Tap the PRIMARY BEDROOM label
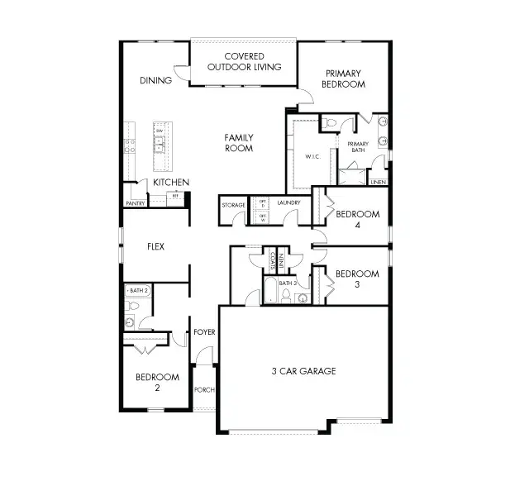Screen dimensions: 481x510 click(344, 79)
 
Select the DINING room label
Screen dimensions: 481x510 click(155, 80)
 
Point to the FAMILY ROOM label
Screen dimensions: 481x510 click(239, 143)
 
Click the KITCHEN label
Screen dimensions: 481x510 click(171, 183)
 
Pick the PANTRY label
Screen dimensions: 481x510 click(135, 202)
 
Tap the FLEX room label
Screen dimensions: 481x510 click(155, 246)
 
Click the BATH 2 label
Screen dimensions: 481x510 click(138, 291)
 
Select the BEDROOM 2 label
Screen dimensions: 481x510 click(156, 382)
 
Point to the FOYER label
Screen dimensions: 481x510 click(204, 332)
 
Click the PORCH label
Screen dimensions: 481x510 click(204, 389)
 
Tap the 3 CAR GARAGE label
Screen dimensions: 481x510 click(303, 371)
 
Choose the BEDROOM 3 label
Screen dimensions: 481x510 click(357, 279)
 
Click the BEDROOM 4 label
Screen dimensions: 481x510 click(357, 219)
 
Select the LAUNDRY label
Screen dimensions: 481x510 click(288, 202)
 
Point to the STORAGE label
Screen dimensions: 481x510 click(233, 204)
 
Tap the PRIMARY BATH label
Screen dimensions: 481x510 click(358, 147)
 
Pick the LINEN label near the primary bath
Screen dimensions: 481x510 click(378, 182)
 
